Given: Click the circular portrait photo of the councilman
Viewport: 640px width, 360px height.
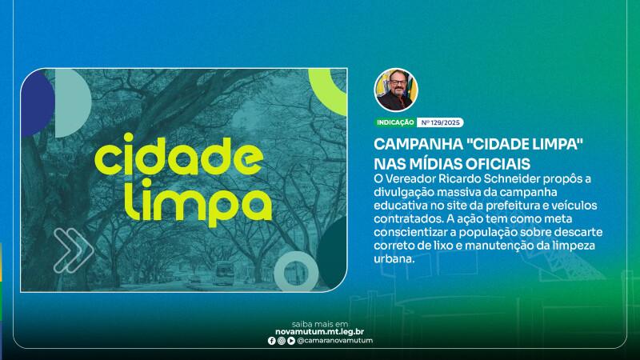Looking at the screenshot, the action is coord(395,90).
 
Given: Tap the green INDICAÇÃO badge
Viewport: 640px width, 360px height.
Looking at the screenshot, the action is coord(395,122).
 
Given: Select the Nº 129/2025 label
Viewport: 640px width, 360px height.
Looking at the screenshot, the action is coord(440,122).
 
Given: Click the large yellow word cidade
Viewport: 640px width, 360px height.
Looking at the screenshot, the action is coord(178,156).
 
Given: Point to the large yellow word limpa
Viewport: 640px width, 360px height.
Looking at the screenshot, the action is coord(198,202).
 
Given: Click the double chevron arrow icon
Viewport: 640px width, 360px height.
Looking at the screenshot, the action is coord(74,250).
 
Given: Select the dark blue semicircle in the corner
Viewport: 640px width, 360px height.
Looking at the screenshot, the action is coord(38,102).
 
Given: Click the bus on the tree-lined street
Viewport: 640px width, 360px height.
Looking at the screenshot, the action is coord(225,274).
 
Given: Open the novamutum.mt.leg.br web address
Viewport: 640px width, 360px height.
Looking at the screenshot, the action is coord(319,332).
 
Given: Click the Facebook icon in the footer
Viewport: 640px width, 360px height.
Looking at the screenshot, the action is coord(271,341).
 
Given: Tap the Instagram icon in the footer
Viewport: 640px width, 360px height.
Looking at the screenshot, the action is coord(282,341).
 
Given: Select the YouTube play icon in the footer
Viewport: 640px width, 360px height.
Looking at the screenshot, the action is coord(291,341).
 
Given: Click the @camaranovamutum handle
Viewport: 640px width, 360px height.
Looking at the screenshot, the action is coord(334,341).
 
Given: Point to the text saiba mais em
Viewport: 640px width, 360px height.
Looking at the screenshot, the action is coord(320,324).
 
